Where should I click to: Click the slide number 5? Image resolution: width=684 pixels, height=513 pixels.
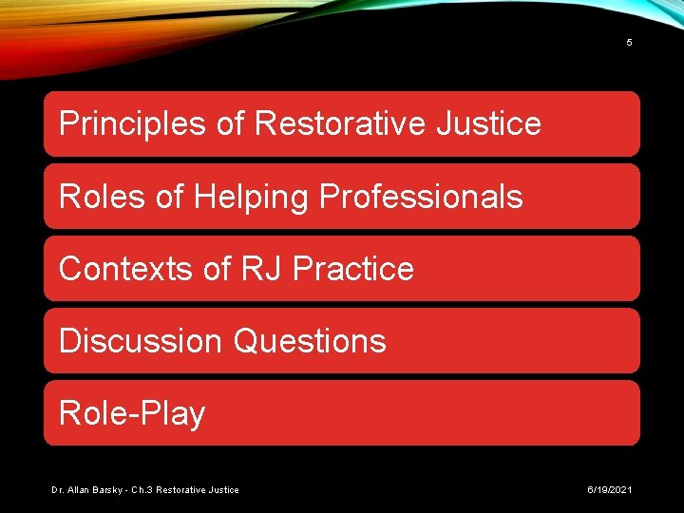[x=629, y=43]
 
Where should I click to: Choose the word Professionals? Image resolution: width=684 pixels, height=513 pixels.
[x=421, y=196]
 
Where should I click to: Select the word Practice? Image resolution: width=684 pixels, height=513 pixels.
[x=353, y=269]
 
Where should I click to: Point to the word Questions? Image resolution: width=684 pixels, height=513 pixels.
[x=310, y=340]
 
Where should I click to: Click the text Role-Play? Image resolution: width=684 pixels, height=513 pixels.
[x=132, y=413]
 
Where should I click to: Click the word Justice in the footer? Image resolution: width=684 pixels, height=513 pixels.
[x=222, y=489]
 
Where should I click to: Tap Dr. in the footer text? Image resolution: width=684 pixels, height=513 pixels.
[x=58, y=489]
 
